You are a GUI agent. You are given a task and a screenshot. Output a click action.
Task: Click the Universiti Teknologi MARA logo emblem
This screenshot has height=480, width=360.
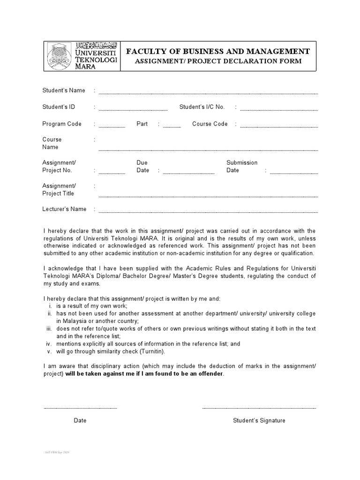pos(60,56)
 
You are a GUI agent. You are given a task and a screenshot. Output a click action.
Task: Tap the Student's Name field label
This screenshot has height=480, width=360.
pos(64,90)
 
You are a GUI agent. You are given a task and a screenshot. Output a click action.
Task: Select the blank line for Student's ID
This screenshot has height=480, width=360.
pos(133,110)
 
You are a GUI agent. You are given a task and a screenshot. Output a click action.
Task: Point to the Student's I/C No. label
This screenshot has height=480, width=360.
pos(202,107)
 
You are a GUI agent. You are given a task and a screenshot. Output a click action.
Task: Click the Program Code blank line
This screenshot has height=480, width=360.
pos(112,127)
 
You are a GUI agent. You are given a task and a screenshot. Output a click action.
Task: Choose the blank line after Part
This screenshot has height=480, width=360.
pos(172,127)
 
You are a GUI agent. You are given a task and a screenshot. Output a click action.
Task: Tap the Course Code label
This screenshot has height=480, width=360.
pos(210,124)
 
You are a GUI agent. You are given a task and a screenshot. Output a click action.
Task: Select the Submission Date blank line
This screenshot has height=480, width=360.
pos(294,173)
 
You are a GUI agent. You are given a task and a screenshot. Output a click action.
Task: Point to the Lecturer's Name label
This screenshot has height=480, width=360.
pos(64,209)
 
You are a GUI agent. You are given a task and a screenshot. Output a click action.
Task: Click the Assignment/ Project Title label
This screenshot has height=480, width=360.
pos(59,190)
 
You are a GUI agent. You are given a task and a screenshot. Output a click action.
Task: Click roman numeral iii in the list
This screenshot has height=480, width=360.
pos(49,329)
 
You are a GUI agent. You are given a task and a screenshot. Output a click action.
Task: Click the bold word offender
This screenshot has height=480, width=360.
pos(211,374)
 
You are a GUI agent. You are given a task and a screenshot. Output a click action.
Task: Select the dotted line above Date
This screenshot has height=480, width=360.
pos(80,408)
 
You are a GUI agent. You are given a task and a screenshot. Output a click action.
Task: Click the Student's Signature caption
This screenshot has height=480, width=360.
pos(259,420)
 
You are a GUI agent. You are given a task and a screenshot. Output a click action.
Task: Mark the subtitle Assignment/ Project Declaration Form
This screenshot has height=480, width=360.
pos(218,61)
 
